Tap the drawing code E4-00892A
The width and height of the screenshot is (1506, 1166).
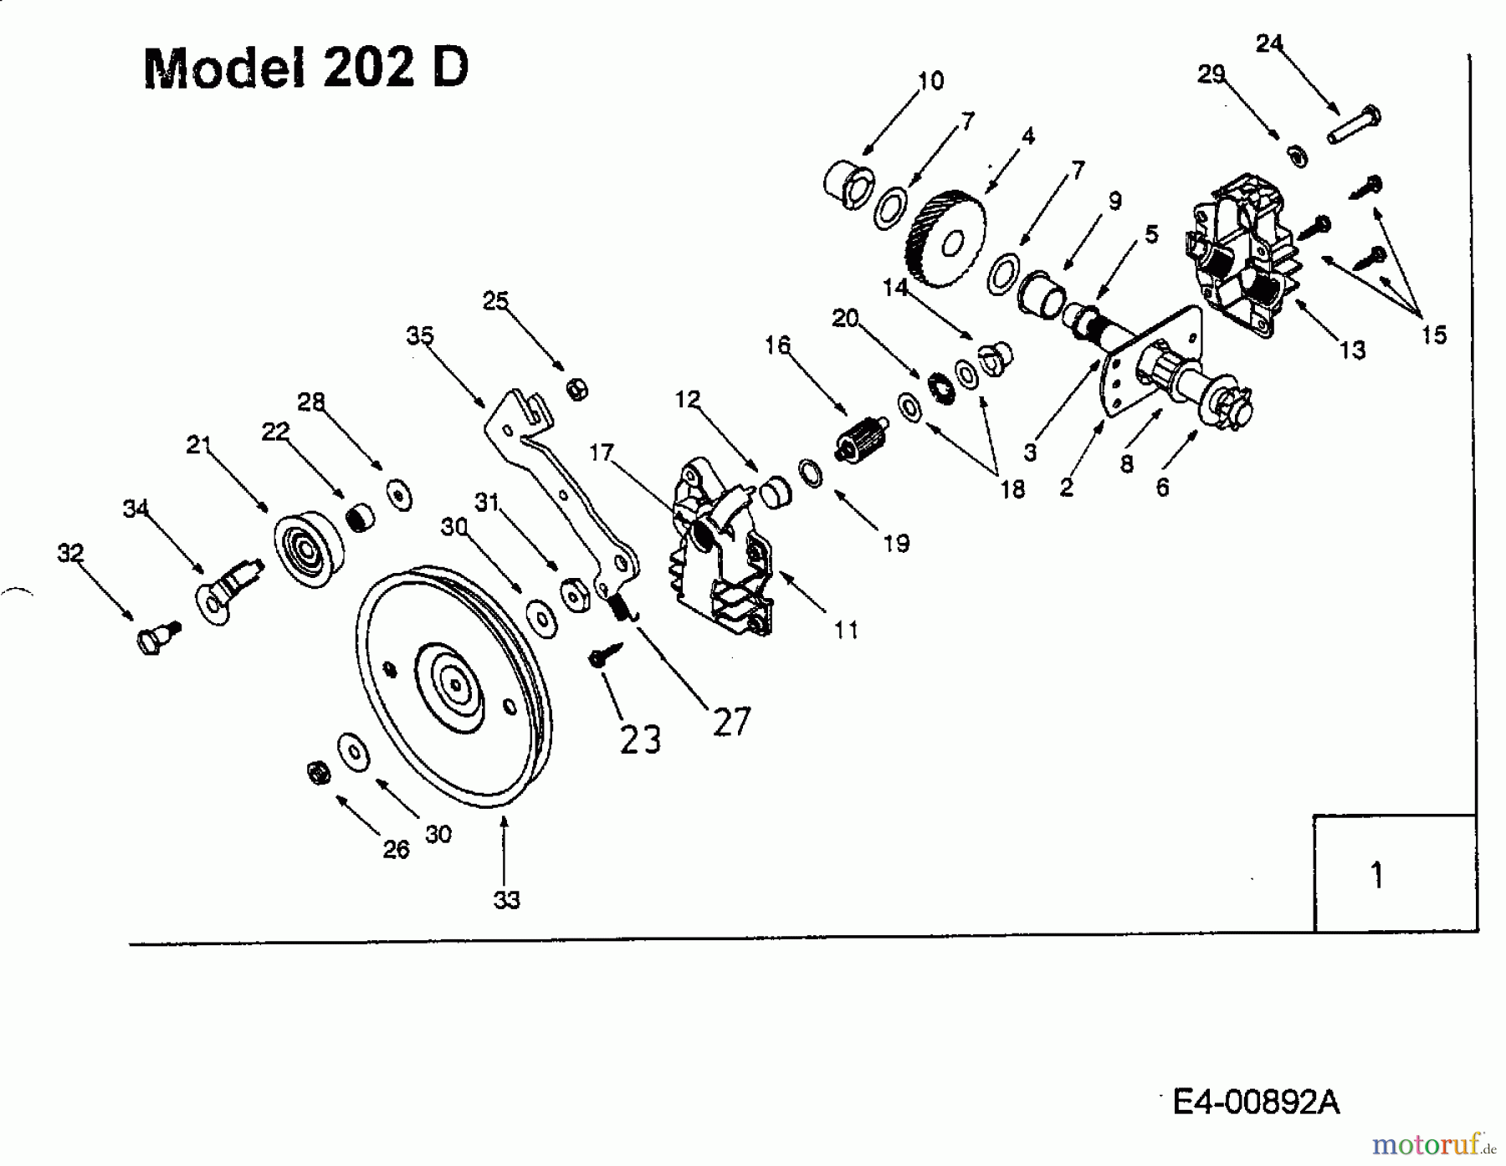(1256, 1102)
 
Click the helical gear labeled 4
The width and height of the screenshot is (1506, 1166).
(945, 238)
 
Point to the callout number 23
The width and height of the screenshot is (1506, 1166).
(640, 739)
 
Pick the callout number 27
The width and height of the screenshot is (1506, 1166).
(732, 721)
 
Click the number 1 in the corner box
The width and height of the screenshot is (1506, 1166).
(1376, 875)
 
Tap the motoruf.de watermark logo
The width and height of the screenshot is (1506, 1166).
(1432, 1143)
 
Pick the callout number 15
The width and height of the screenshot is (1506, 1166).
(1433, 335)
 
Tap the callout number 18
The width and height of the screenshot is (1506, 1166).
(1012, 488)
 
